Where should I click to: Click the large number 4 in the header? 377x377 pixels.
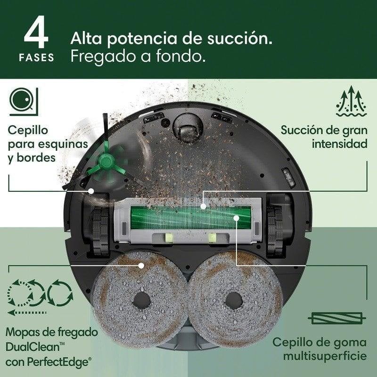click(37, 34)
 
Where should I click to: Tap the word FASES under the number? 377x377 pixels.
click(37, 58)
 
